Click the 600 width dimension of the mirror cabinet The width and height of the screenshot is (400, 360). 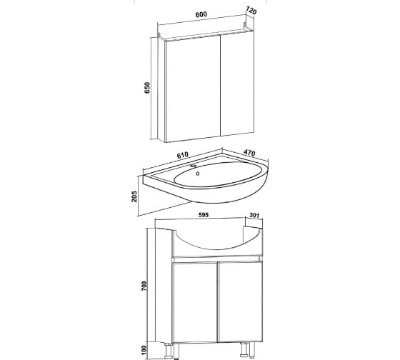(201, 14)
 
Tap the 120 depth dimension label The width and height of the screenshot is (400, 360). (251, 11)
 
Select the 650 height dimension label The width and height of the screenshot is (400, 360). (147, 88)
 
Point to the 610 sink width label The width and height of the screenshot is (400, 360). (182, 155)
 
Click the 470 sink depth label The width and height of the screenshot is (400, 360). (249, 152)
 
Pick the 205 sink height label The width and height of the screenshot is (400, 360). (134, 196)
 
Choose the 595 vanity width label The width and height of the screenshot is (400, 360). (204, 215)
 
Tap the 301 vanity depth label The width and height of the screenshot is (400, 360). (254, 215)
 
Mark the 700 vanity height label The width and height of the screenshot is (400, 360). (144, 286)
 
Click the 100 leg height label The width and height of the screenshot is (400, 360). (144, 350)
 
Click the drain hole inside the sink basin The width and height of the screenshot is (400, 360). (198, 174)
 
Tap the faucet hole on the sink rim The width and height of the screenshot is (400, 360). (194, 166)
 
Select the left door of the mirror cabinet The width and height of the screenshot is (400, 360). (193, 89)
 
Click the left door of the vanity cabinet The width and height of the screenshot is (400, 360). (195, 303)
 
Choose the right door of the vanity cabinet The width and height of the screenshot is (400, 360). (240, 302)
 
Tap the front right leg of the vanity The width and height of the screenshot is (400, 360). (244, 349)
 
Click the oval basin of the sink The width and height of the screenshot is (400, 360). (218, 174)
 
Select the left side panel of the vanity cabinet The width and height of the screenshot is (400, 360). (164, 285)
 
